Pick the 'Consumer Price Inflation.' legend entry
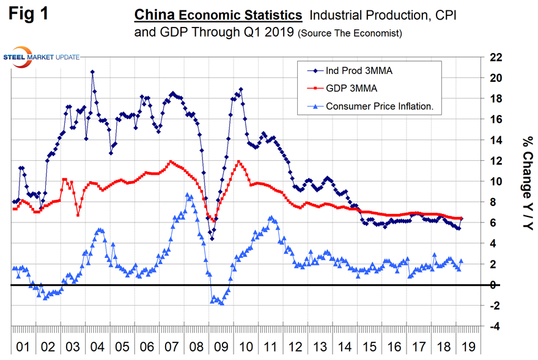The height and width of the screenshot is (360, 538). (x=379, y=106)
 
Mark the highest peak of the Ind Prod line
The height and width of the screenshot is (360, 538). (x=92, y=72)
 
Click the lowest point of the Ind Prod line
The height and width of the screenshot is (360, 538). (x=212, y=238)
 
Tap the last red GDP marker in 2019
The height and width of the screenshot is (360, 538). (x=462, y=218)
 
